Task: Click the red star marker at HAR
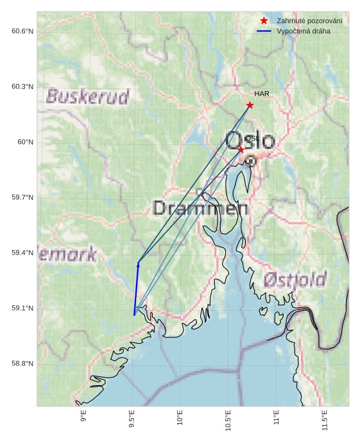(x=250, y=105)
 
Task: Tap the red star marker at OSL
(x=241, y=149)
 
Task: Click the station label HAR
(x=261, y=94)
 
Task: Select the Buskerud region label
(x=88, y=97)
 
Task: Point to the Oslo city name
(x=250, y=140)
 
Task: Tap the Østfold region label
(x=295, y=280)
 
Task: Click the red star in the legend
(x=264, y=21)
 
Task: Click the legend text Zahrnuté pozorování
(x=309, y=21)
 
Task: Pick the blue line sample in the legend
(x=264, y=31)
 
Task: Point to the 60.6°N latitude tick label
(x=22, y=31)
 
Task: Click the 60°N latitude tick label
(x=25, y=142)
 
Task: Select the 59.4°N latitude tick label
(x=22, y=253)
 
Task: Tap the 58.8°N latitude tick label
(x=22, y=364)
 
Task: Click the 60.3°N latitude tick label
(x=22, y=87)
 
